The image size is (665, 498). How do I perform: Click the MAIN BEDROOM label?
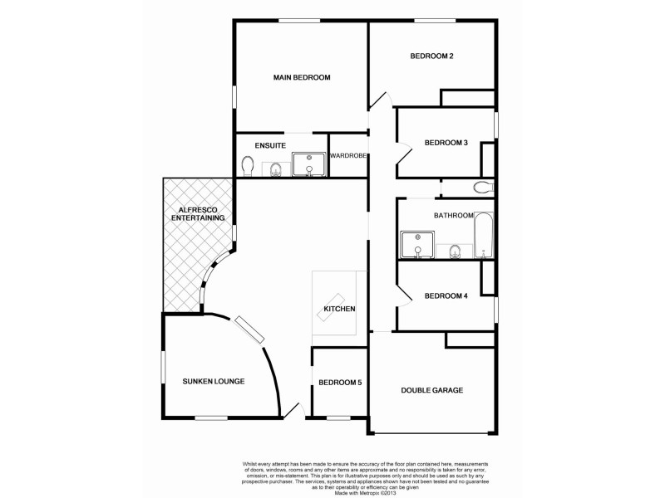click(302, 77)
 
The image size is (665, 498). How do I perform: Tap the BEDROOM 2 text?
click(431, 56)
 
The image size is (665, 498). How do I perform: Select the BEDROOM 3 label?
click(446, 143)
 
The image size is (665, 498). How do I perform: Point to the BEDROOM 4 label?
click(446, 295)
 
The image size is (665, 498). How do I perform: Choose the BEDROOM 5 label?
click(339, 382)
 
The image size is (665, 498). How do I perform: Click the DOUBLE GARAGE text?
click(431, 390)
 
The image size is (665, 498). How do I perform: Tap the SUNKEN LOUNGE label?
click(213, 382)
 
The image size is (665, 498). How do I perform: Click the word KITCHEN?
click(340, 310)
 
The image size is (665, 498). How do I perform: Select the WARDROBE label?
click(349, 156)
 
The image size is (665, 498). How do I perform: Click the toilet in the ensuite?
click(246, 167)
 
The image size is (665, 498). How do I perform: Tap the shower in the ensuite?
click(308, 164)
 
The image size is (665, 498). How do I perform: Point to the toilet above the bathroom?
click(483, 188)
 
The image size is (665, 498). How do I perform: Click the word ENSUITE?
click(270, 145)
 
